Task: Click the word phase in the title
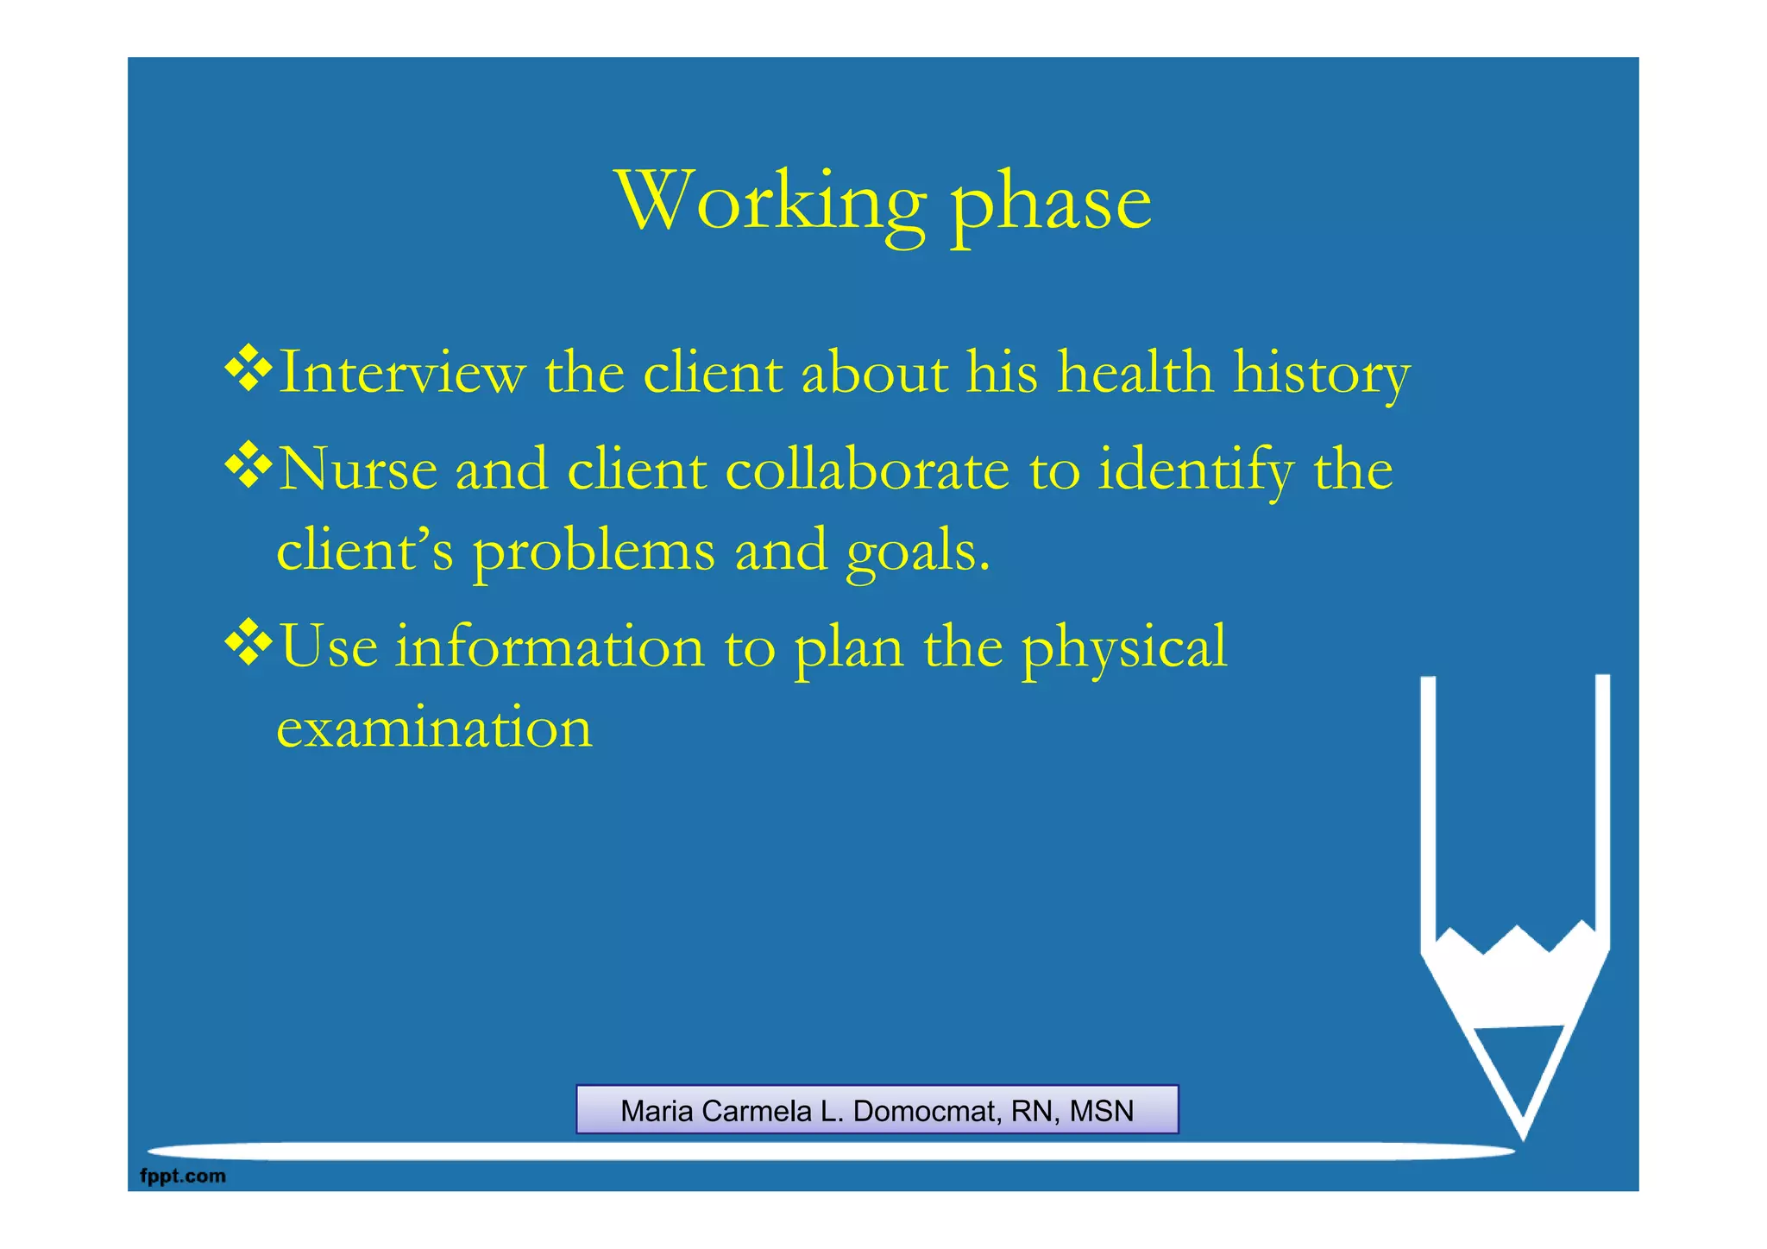[x=1050, y=207]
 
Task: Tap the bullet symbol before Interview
[x=248, y=368]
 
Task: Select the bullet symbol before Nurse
[x=248, y=464]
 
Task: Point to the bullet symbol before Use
[x=248, y=642]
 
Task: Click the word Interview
[x=402, y=373]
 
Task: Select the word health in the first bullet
[x=1135, y=373]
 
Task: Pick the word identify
[x=1195, y=471]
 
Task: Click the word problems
[x=594, y=552]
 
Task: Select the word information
[x=550, y=647]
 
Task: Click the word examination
[x=434, y=727]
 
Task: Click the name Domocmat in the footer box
[x=927, y=1111]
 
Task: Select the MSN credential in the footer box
[x=1101, y=1111]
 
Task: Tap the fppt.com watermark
[x=183, y=1176]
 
